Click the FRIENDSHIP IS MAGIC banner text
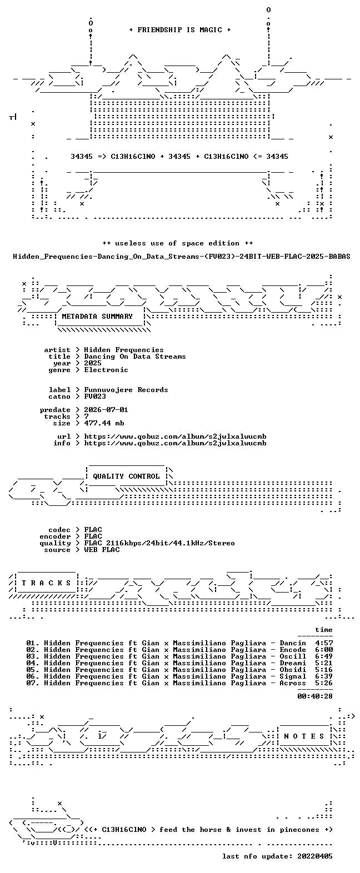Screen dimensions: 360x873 tap(180, 30)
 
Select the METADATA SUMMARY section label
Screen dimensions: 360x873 tap(97, 317)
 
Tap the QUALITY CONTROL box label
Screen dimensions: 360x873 tap(126, 476)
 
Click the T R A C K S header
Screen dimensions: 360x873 tap(47, 583)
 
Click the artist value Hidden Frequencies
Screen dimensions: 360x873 tap(124, 350)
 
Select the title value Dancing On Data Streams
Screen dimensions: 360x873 tap(134, 357)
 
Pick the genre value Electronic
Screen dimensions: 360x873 tap(106, 370)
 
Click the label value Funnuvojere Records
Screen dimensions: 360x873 tap(126, 390)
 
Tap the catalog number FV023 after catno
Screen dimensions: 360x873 tap(95, 397)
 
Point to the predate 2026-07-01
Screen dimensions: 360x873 tap(106, 410)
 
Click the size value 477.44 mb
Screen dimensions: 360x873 tap(104, 423)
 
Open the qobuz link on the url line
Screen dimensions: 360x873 tap(175, 436)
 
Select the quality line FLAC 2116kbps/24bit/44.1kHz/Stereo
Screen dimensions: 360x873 tap(159, 543)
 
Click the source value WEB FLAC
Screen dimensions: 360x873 tap(102, 550)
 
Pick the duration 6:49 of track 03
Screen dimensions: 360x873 tap(324, 656)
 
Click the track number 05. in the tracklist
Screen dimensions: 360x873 tap(33, 670)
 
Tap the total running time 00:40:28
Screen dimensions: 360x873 tap(315, 696)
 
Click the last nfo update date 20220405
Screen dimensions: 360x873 tap(315, 856)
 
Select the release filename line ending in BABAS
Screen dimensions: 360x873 tap(181, 257)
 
